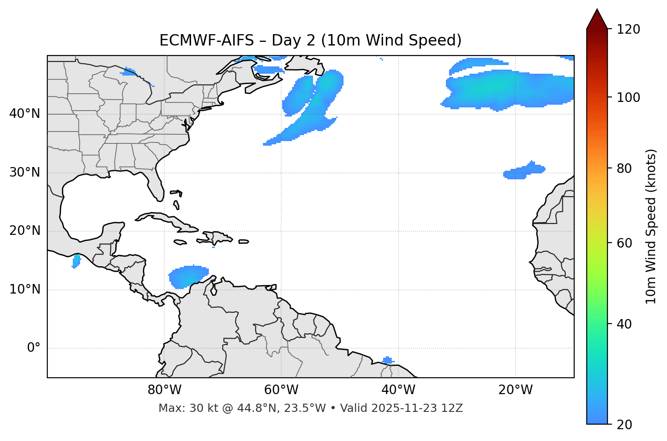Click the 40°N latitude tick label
coord(25,113)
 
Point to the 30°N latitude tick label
coord(25,172)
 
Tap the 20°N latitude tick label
coord(25,231)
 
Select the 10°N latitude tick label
coord(25,289)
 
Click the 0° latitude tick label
coord(34,348)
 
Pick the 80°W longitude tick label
coord(164,390)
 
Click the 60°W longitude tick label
coord(281,390)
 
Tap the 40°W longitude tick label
coord(398,390)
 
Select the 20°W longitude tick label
coord(515,390)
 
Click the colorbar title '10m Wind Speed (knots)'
coord(651,226)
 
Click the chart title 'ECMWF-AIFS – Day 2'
coord(310,41)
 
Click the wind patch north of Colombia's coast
coord(187,276)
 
